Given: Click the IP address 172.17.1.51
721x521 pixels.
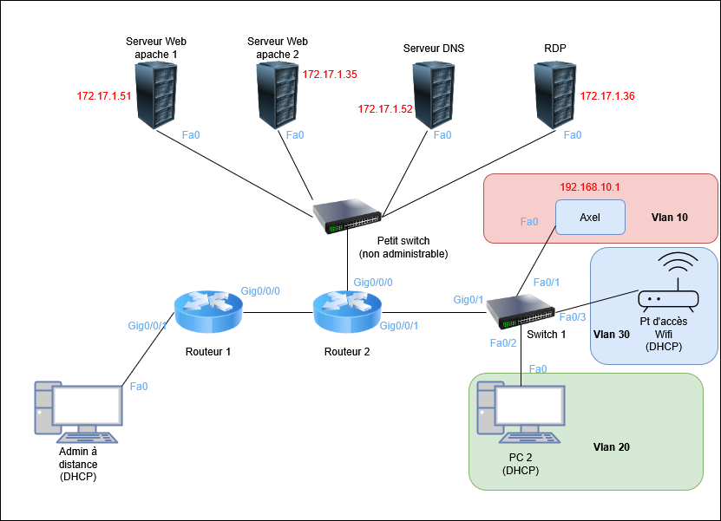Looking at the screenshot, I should click(x=104, y=95).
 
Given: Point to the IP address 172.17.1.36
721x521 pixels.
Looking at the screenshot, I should click(x=607, y=95).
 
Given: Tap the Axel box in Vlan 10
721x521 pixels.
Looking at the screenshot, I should click(x=590, y=218).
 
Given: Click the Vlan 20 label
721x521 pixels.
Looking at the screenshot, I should click(x=611, y=447).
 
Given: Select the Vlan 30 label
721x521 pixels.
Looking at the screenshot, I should click(x=611, y=334).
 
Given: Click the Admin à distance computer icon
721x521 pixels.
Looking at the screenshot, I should click(x=79, y=409).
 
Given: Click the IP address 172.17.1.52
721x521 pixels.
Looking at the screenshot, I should click(x=385, y=109).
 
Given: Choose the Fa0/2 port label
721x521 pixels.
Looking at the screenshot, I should click(x=503, y=343).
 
